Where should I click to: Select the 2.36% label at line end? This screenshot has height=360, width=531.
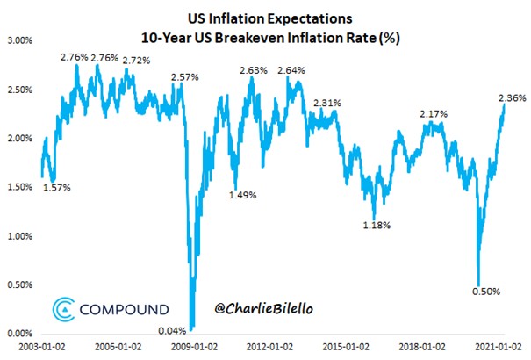point(512,98)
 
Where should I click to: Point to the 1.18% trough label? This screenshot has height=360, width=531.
point(378,227)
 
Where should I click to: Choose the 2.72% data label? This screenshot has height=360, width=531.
point(134,61)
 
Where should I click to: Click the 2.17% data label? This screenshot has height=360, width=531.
point(434,114)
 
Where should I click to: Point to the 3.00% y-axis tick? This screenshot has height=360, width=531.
point(19,40)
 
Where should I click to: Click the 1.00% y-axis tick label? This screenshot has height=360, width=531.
point(19,236)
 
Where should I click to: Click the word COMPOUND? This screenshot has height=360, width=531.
point(124,310)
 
